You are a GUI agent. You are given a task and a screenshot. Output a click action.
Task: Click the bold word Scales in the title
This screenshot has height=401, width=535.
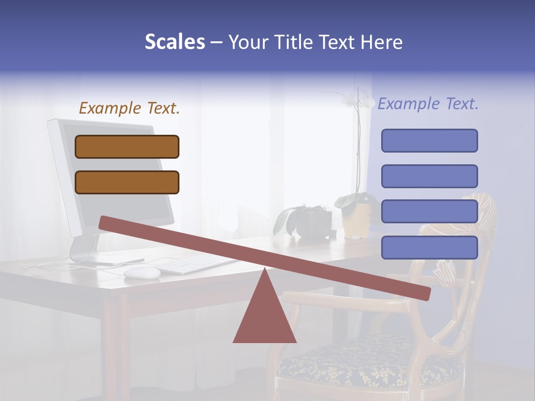tap(174, 42)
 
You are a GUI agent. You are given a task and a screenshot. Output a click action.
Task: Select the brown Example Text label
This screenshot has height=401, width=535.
tap(129, 108)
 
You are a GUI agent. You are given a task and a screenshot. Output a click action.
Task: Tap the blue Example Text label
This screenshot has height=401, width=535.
tap(428, 104)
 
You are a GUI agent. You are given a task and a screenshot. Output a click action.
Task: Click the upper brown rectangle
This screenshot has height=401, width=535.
tap(127, 146)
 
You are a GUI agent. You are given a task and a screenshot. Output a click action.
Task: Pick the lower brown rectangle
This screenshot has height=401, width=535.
tap(127, 182)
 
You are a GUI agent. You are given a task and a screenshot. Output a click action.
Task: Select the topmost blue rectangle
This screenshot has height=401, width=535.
tap(429, 140)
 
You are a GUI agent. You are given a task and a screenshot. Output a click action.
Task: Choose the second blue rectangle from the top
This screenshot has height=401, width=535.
tap(429, 176)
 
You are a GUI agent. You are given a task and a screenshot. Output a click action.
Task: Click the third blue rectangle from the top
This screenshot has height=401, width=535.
tap(429, 211)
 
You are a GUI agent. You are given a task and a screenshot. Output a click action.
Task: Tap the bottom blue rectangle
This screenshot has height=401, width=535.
tap(429, 247)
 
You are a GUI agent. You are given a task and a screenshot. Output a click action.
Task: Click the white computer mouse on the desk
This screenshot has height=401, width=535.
tap(142, 272)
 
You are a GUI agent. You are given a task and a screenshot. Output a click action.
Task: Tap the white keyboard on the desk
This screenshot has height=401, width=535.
tap(195, 264)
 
